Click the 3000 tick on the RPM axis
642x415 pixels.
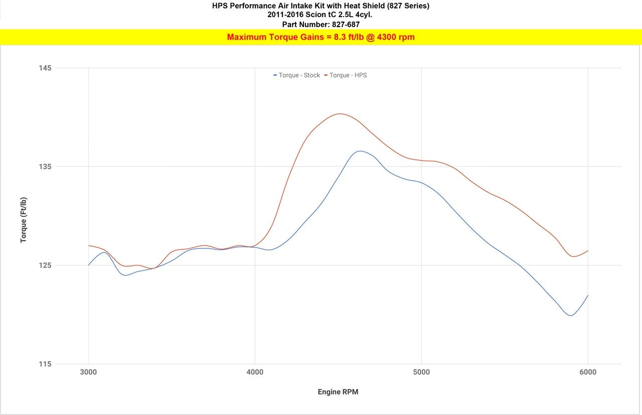[88, 372]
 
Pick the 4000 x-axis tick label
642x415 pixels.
[255, 372]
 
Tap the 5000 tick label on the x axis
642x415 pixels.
[421, 372]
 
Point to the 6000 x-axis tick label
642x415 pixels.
[588, 372]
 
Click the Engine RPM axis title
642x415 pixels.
[338, 392]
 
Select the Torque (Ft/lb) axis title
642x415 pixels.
[24, 220]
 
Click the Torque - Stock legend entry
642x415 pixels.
[296, 75]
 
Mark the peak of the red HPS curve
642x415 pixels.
[340, 113]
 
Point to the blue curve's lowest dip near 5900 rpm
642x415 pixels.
[570, 316]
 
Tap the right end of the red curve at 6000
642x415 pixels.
[588, 250]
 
